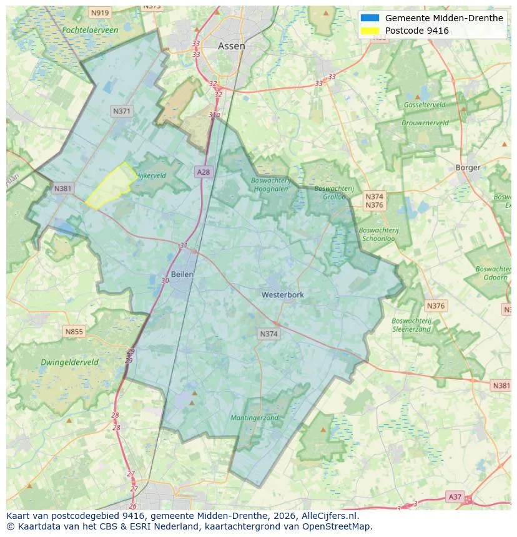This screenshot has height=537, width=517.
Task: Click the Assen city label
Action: click(231, 46)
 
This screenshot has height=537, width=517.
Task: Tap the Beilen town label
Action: click(182, 274)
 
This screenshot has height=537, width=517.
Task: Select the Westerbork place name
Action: click(283, 294)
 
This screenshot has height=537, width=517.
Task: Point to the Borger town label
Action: click(468, 167)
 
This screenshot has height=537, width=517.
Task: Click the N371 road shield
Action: click(122, 111)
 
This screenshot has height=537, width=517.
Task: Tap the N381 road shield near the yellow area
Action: click(62, 188)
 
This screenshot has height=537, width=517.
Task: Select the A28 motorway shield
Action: click(203, 172)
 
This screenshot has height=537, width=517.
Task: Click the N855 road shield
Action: click(74, 332)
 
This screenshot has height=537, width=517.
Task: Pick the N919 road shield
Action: click(99, 12)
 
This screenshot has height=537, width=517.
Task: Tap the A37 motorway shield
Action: click(455, 496)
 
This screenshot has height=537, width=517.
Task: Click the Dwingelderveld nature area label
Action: click(70, 362)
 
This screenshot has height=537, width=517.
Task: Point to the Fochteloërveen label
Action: click(90, 30)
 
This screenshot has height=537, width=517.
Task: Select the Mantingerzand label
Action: click(254, 417)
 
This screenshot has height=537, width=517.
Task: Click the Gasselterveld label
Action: click(424, 105)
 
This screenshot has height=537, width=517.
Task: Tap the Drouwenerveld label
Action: click(425, 123)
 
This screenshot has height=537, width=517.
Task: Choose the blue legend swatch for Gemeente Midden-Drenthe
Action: click(370, 18)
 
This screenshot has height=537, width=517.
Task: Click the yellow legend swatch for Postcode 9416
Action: click(370, 31)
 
